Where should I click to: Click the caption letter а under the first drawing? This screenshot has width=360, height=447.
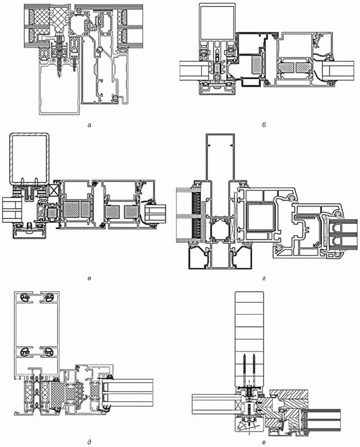(x=90, y=125)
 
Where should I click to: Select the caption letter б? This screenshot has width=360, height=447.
(x=263, y=124)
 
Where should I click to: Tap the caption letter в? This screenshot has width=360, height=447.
(x=89, y=278)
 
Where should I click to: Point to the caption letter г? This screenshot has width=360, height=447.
(x=263, y=278)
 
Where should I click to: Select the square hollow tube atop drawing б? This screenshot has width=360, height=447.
(x=217, y=22)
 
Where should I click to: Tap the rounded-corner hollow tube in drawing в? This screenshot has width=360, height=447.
(x=30, y=158)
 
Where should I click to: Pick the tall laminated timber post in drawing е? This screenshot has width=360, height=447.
(x=249, y=339)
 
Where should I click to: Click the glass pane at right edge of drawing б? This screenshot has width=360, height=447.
(x=338, y=71)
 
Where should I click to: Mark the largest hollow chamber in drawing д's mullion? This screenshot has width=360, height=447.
(x=36, y=325)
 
